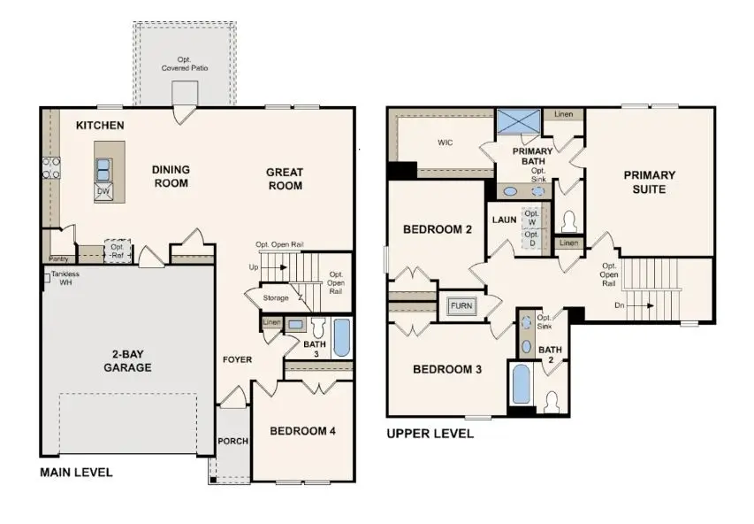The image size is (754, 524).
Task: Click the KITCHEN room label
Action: [99, 126]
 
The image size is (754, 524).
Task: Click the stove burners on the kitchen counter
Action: [50, 167]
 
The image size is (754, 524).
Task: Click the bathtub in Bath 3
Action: [341, 338]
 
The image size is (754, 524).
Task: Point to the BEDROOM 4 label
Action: [302, 431]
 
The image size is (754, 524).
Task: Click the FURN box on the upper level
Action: [461, 305]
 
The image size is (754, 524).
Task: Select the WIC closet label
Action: [445, 142]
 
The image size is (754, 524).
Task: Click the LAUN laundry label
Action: [504, 220]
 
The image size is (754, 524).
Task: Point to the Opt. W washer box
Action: [531, 217]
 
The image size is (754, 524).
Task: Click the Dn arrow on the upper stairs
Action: [640, 306]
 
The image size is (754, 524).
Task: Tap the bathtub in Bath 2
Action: [520, 385]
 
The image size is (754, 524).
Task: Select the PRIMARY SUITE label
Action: [649, 181]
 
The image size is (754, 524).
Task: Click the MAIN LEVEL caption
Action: [76, 473]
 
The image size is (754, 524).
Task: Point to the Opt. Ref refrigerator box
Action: [118, 251]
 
